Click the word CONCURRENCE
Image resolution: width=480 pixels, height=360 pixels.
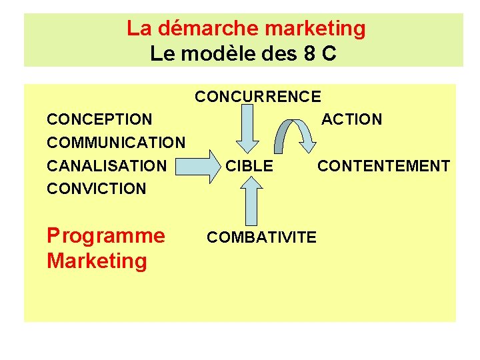(257, 97)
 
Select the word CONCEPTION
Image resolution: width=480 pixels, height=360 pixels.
(99, 120)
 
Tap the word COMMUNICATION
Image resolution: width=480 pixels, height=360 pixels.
(116, 143)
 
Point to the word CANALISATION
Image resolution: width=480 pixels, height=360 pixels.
(107, 165)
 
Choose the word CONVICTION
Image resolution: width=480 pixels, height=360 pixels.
(96, 189)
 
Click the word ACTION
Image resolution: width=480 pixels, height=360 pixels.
(351, 120)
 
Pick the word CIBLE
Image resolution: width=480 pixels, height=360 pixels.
(249, 166)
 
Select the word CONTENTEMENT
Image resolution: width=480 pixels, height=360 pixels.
(383, 166)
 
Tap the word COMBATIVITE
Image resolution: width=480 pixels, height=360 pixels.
(262, 237)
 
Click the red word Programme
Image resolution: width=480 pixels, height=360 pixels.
(105, 236)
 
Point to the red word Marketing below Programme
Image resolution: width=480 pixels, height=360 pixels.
(97, 261)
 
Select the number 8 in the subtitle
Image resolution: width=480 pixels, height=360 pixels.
(309, 53)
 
